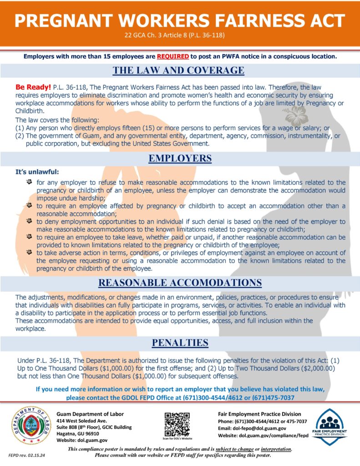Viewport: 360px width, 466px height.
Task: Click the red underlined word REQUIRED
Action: [173, 57]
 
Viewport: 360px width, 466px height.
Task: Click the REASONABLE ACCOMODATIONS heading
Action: [180, 283]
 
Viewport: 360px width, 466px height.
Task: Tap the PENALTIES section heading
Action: [180, 342]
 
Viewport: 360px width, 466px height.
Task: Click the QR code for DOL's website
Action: [177, 422]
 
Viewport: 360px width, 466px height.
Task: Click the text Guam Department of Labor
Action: [90, 414]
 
